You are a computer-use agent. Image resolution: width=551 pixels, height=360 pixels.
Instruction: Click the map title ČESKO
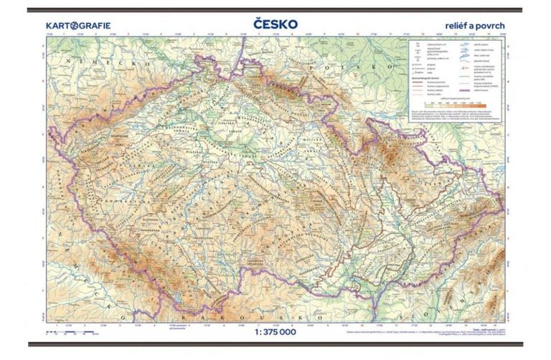[x=275, y=24]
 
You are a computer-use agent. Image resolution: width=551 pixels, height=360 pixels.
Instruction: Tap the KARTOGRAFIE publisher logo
[x=78, y=25]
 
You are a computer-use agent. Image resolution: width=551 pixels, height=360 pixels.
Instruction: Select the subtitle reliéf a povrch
[x=476, y=25]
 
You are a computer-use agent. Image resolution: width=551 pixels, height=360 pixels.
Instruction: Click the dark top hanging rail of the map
[x=275, y=10]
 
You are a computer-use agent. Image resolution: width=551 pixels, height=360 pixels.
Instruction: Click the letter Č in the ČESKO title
[x=259, y=24]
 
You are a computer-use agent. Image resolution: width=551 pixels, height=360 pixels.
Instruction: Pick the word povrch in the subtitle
[x=491, y=25]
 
